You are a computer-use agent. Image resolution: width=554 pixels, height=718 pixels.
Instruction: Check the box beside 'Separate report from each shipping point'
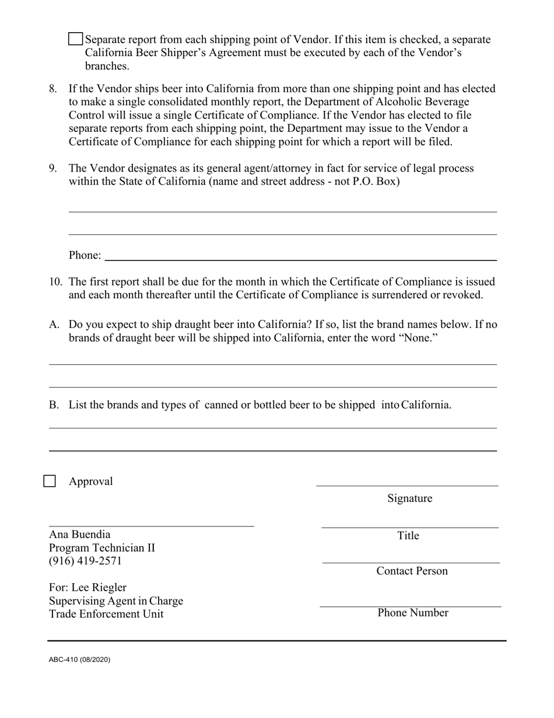point(75,39)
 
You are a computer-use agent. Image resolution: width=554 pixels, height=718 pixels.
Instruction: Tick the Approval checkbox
point(50,481)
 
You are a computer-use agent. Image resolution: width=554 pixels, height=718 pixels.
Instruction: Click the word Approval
point(91,482)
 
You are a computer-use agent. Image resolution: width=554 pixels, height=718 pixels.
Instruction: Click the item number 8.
point(53,89)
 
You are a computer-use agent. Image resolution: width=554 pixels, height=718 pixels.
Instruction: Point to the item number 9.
point(53,168)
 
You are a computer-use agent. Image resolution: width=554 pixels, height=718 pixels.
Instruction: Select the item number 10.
point(55,282)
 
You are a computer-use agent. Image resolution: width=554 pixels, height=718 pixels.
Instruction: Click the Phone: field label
point(85,255)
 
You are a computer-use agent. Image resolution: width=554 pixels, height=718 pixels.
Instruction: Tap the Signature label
point(409,498)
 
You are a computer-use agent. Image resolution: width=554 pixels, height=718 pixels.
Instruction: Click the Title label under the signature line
point(408,535)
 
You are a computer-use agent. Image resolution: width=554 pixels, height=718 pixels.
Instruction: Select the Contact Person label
point(412,570)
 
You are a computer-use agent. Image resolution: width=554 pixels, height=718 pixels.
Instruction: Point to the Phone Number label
point(412,612)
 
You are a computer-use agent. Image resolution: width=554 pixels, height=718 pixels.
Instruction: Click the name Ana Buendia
point(79,534)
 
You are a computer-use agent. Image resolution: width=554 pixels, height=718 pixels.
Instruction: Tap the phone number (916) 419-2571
point(85,561)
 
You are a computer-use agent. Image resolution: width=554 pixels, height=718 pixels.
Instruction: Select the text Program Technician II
point(102,548)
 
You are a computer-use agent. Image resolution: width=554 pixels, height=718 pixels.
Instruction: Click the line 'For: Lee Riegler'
point(87,587)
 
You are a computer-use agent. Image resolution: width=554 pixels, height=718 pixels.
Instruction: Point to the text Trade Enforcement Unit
point(106,614)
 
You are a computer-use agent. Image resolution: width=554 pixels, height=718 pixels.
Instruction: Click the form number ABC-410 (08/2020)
point(79,660)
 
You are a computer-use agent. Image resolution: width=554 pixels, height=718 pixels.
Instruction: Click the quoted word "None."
point(418,338)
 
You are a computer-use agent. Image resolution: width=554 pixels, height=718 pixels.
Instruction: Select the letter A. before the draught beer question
point(54,325)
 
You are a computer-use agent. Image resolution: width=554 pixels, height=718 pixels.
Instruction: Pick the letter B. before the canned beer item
point(54,405)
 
